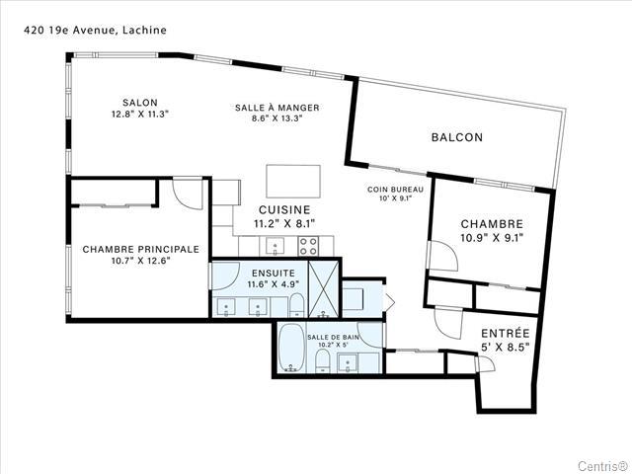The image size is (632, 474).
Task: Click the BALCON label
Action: point(456,137)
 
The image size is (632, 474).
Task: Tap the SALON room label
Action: point(140,103)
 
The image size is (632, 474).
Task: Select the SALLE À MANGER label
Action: point(276,108)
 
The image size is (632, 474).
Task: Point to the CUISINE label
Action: point(284,209)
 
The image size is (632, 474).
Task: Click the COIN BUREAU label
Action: point(395,190)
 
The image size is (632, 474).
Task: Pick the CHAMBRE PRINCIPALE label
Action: point(140,249)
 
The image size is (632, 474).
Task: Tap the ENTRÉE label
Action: point(506,334)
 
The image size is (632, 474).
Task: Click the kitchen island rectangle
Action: point(293,182)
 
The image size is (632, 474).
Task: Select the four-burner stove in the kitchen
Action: point(308,246)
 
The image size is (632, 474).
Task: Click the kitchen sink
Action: point(275,246)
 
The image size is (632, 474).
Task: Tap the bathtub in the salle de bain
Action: point(291,348)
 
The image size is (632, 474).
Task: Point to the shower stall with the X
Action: point(323,289)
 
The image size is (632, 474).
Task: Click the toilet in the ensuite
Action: point(296,305)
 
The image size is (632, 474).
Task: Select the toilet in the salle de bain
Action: point(323,361)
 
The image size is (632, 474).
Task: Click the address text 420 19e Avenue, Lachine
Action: point(95,31)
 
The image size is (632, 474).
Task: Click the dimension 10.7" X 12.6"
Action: point(140,261)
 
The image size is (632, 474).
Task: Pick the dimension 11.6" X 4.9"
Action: point(274,284)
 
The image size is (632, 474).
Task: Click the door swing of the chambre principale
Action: point(188,194)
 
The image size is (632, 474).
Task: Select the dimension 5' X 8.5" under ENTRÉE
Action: point(506,347)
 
